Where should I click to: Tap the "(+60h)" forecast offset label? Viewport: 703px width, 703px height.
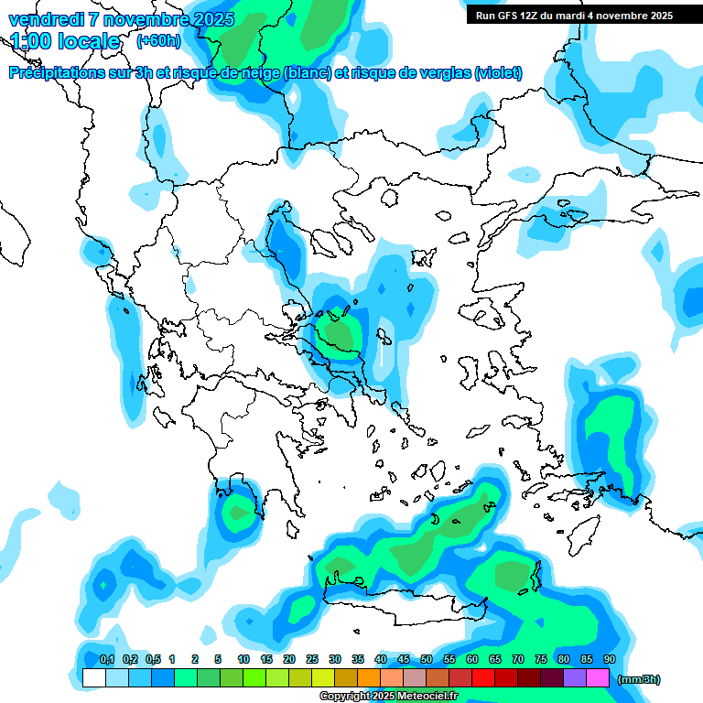click(x=158, y=40)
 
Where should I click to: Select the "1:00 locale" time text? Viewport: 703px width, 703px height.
click(x=65, y=41)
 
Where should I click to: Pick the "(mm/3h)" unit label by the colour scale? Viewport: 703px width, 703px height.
click(x=639, y=679)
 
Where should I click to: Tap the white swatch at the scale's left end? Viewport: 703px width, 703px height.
click(x=93, y=678)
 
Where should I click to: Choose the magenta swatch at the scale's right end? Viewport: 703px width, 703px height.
click(x=598, y=678)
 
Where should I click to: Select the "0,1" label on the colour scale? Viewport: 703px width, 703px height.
click(x=106, y=660)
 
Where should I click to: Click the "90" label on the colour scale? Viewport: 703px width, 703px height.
click(x=610, y=660)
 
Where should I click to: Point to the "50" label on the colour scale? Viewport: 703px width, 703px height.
click(x=427, y=660)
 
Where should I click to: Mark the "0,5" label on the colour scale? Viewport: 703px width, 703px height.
click(x=153, y=660)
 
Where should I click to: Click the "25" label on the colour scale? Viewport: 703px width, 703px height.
click(x=312, y=660)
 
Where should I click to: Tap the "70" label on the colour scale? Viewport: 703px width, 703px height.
click(x=518, y=660)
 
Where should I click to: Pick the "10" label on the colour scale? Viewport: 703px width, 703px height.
click(x=243, y=660)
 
